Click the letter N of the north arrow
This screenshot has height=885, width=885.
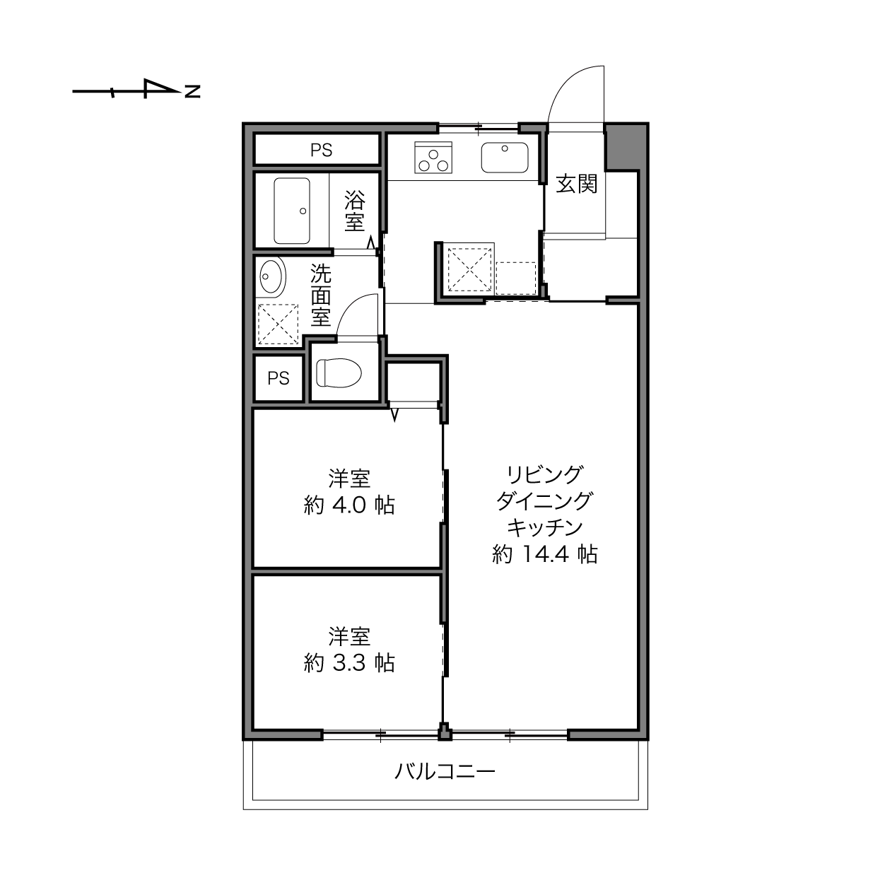tap(192, 91)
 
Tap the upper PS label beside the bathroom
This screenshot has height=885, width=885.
tap(321, 150)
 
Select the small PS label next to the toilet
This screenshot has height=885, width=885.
tap(279, 378)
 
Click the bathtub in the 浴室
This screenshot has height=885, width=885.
tap(292, 211)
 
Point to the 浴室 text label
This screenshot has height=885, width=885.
tap(355, 211)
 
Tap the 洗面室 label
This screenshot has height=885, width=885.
tap(321, 295)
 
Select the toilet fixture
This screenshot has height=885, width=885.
tap(339, 373)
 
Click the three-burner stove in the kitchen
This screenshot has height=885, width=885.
tap(433, 157)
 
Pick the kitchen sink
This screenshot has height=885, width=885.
tap(504, 158)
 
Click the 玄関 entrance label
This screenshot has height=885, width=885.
tap(576, 184)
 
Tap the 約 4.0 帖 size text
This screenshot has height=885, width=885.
tap(349, 505)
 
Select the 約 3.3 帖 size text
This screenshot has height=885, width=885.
tap(349, 663)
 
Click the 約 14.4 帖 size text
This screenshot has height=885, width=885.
tap(545, 554)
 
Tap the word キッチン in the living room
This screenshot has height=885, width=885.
tap(545, 527)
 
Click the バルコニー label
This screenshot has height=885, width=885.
tap(445, 771)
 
